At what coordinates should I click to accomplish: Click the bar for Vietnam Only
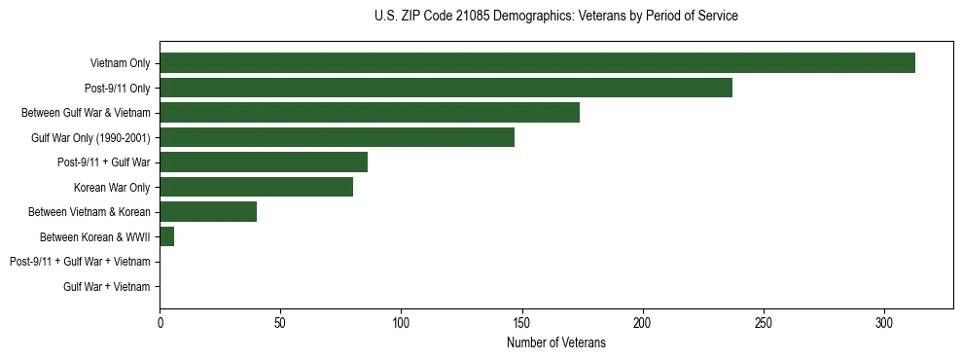(x=537, y=63)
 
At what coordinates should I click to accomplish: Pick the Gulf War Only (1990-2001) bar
(x=337, y=137)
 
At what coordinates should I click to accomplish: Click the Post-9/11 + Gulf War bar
(x=264, y=162)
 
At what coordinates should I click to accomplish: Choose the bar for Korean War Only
(x=256, y=187)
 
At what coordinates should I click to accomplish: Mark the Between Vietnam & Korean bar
(x=208, y=212)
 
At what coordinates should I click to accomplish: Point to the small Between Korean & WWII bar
(x=166, y=236)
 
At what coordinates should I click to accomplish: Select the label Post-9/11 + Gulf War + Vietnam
(x=80, y=262)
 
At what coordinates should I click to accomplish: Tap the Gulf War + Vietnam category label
(x=107, y=287)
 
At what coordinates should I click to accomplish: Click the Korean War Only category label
(x=112, y=188)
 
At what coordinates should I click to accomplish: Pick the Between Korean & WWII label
(x=94, y=237)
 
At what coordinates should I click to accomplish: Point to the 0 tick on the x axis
(x=160, y=322)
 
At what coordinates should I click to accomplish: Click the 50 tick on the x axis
(x=280, y=322)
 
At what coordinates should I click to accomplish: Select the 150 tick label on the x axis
(x=521, y=322)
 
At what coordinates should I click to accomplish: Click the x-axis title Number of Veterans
(x=555, y=342)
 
